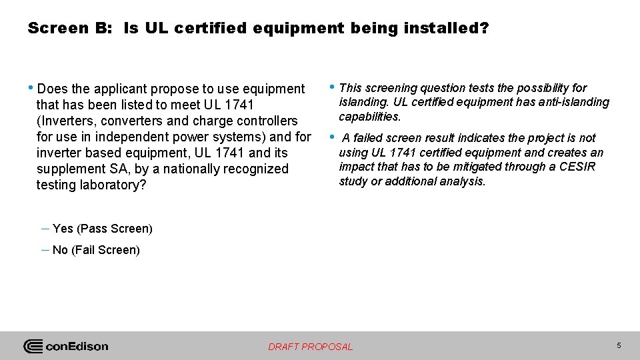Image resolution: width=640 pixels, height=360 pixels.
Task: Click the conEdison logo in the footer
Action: [x=66, y=346]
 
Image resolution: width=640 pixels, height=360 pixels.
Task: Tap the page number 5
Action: [x=619, y=345]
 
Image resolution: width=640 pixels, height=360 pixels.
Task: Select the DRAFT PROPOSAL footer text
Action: [x=311, y=347]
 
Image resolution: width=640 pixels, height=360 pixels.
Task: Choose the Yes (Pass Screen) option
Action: [x=102, y=229]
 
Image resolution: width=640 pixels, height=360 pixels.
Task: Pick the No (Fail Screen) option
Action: [x=96, y=250]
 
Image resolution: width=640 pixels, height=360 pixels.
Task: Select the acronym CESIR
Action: [x=579, y=167]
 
